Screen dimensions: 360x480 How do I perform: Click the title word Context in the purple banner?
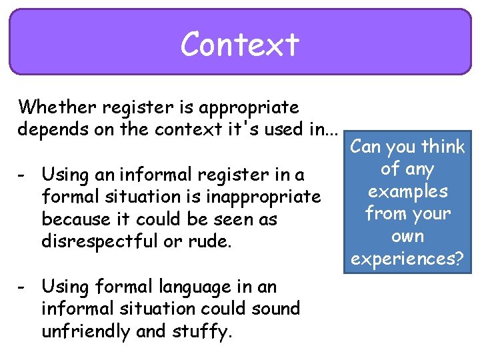point(240,45)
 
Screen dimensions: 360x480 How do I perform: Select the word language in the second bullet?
point(191,287)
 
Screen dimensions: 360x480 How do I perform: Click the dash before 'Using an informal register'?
point(23,175)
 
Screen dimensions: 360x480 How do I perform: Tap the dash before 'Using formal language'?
point(23,287)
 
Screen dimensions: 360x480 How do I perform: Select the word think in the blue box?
point(443,147)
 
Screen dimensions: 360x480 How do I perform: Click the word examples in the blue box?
point(408,191)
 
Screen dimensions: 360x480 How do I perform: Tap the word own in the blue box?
point(408,236)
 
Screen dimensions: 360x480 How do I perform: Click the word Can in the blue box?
point(365,147)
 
